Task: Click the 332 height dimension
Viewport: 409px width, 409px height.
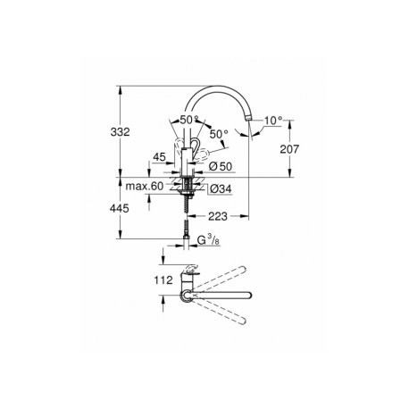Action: pyautogui.click(x=121, y=131)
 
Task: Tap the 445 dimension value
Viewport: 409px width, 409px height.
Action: pyautogui.click(x=120, y=208)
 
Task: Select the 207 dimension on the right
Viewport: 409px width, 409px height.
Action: pyautogui.click(x=289, y=149)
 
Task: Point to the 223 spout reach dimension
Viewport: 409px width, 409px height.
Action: pyautogui.click(x=218, y=216)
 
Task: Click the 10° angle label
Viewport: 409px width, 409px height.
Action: pyautogui.click(x=273, y=121)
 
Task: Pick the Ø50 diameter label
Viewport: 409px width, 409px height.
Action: pyautogui.click(x=221, y=166)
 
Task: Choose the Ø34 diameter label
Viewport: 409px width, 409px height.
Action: pyautogui.click(x=221, y=188)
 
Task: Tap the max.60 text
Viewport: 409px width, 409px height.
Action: pyautogui.click(x=145, y=187)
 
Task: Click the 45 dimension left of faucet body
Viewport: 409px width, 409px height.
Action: pyautogui.click(x=159, y=157)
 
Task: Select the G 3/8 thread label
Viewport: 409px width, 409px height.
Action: pyautogui.click(x=209, y=240)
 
